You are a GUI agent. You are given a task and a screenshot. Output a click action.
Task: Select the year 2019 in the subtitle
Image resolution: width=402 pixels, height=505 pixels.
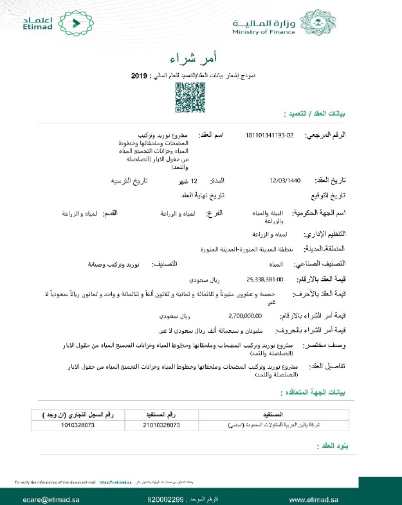pyautogui.click(x=140, y=75)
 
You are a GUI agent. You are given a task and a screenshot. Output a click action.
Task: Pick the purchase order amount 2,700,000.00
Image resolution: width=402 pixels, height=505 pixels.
pyautogui.click(x=246, y=316)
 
